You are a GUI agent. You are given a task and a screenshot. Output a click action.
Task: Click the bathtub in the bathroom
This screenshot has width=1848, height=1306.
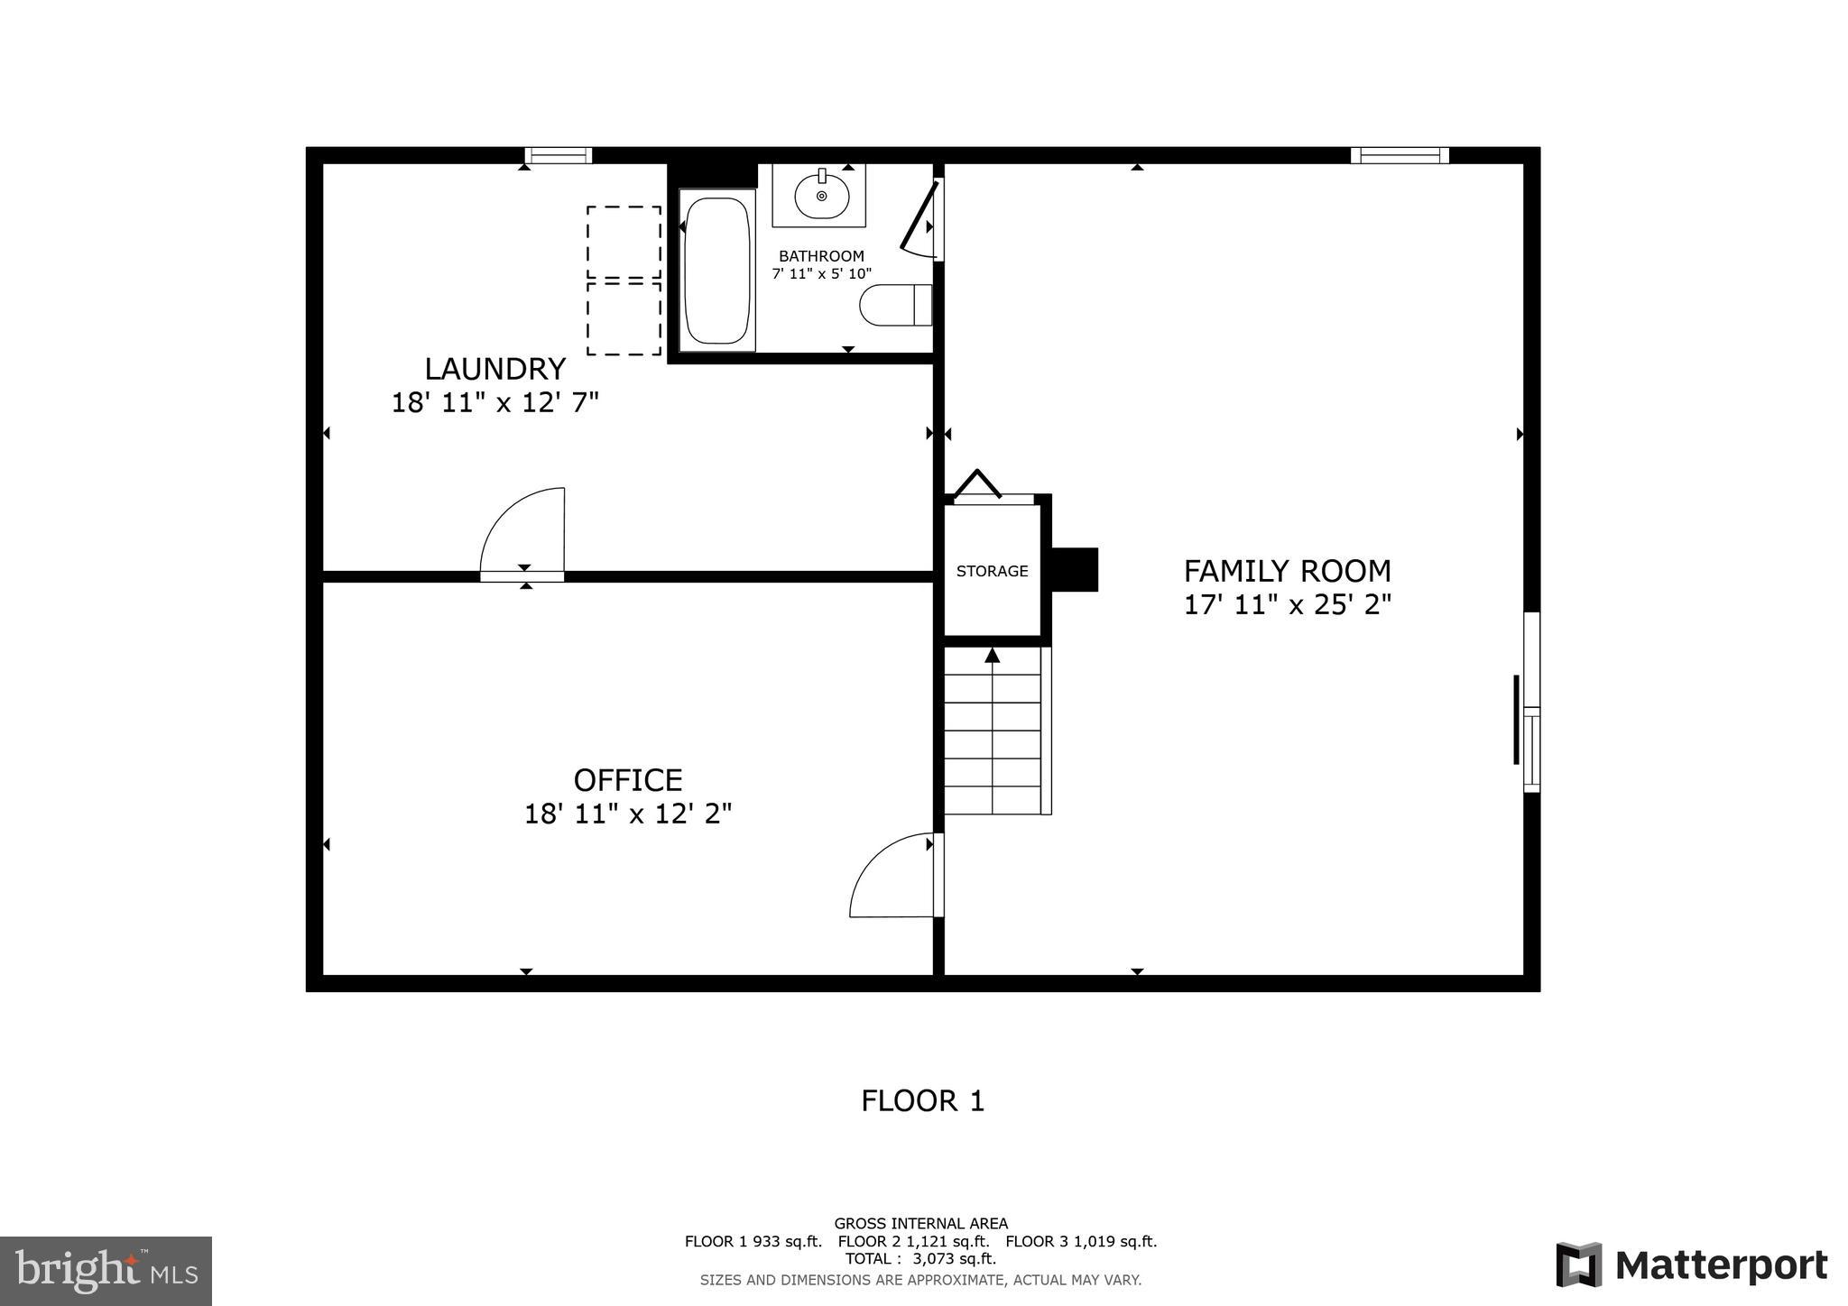[x=717, y=271]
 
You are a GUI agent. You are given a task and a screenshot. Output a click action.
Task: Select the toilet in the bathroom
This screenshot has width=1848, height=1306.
[x=894, y=305]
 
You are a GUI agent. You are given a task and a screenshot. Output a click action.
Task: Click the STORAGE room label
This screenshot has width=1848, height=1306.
[x=992, y=571]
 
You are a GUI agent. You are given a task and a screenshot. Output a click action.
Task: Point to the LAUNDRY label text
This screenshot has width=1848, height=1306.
[x=494, y=369]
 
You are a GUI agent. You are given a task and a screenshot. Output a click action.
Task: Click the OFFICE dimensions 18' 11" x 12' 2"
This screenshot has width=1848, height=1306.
[x=628, y=814]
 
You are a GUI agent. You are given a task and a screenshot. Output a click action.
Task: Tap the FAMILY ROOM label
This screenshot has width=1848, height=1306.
[x=1287, y=571]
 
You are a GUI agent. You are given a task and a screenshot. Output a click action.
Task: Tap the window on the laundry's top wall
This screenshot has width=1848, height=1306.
[x=558, y=155]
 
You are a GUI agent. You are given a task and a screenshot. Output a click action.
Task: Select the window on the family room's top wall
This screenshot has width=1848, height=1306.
[x=1399, y=155]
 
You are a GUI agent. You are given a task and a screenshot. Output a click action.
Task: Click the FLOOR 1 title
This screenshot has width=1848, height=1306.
[x=922, y=1100]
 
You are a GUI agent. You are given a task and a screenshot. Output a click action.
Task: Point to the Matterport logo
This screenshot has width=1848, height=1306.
[x=1691, y=1265]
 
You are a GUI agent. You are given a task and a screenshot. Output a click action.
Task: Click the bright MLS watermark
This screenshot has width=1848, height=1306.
[x=106, y=1271]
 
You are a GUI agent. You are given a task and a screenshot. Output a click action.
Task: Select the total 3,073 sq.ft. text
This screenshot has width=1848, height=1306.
[x=920, y=1258]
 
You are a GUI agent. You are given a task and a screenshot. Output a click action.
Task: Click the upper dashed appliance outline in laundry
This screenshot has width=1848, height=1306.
[x=624, y=242]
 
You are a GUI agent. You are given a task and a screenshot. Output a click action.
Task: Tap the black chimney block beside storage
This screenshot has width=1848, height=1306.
[x=1075, y=570]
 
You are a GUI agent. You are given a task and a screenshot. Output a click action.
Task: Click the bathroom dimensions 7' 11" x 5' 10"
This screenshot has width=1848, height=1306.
[x=821, y=273]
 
